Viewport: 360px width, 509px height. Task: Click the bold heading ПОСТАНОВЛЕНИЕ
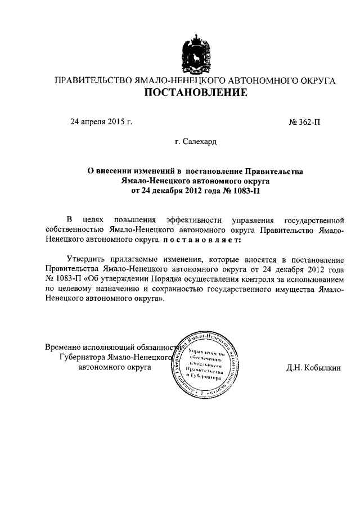pyautogui.click(x=195, y=93)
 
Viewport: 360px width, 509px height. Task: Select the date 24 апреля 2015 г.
pyautogui.click(x=101, y=121)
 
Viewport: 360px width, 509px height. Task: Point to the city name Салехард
pyautogui.click(x=195, y=143)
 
